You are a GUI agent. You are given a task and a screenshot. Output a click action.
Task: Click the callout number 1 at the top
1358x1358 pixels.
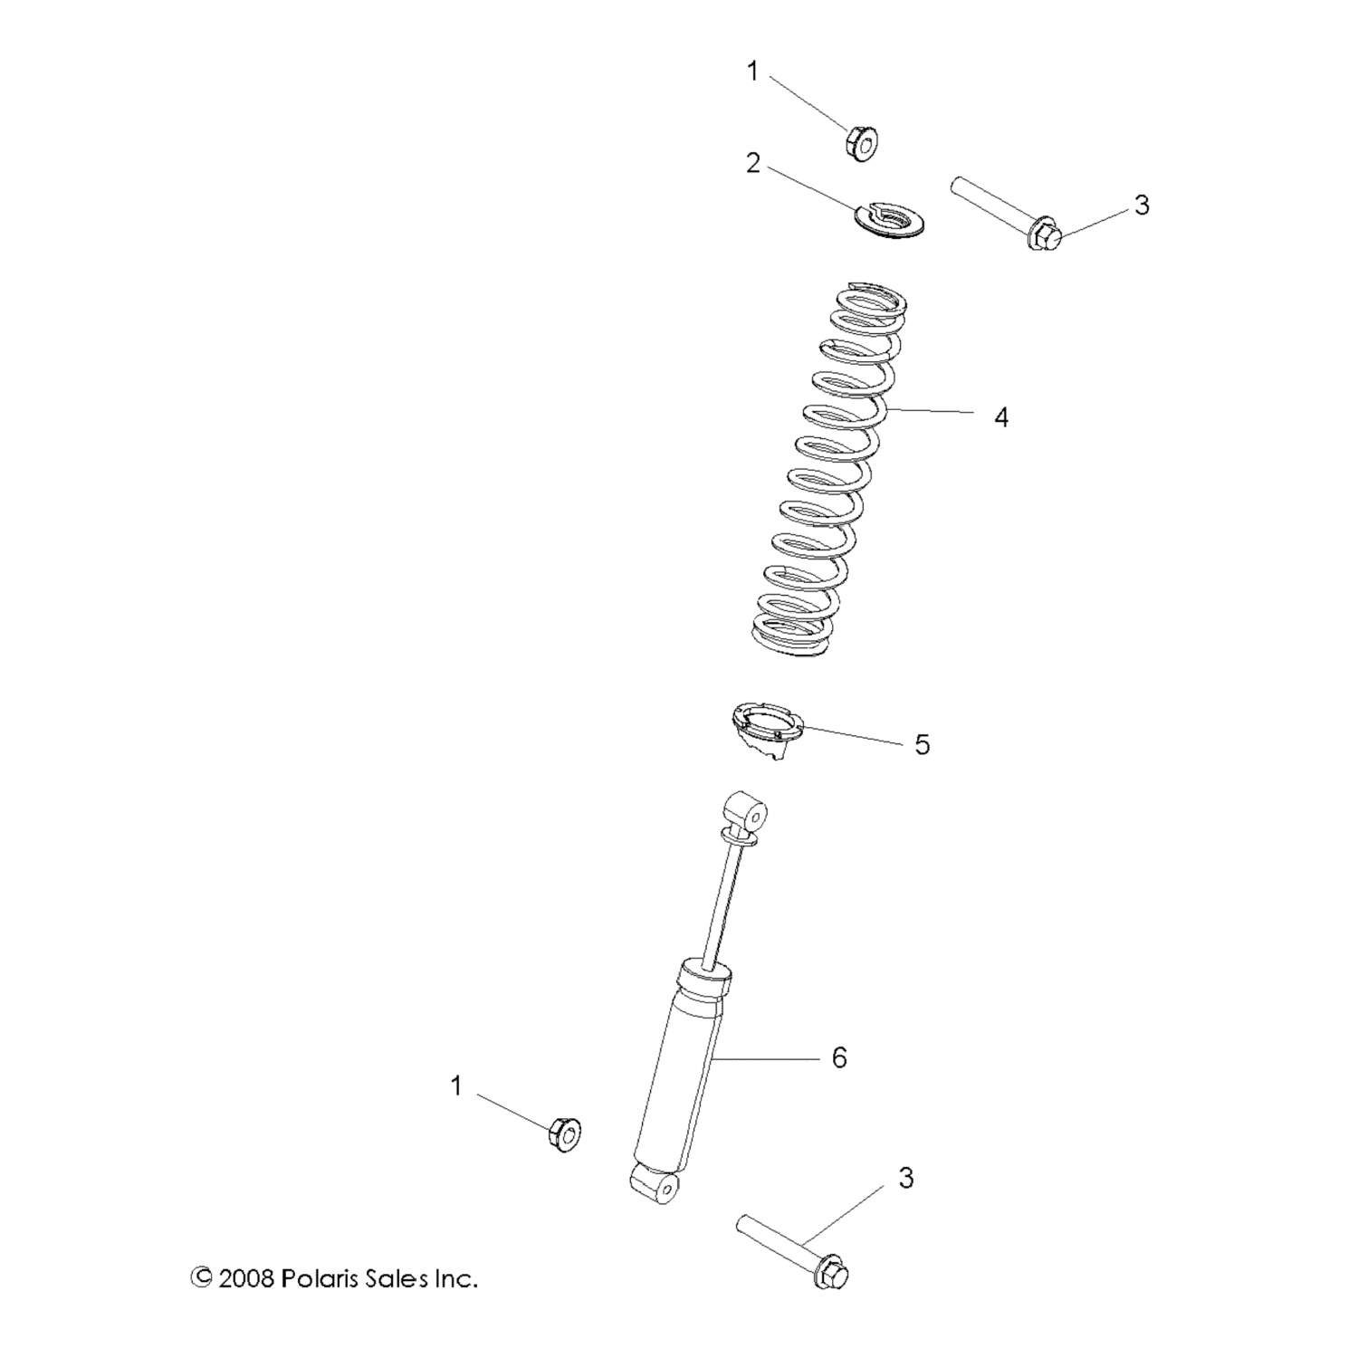pyautogui.click(x=752, y=72)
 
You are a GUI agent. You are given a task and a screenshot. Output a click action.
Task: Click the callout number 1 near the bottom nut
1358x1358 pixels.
pyautogui.click(x=456, y=1085)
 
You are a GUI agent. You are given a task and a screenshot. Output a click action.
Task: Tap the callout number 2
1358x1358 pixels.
pyautogui.click(x=753, y=164)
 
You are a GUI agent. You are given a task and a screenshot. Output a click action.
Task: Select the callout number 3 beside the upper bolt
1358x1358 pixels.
pyautogui.click(x=1142, y=206)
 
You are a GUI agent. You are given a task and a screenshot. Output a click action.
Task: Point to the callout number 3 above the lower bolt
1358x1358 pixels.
pyautogui.click(x=906, y=1178)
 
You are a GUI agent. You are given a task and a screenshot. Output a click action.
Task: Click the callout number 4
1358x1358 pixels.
pyautogui.click(x=1000, y=417)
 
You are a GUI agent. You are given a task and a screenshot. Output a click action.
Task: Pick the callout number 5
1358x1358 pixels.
pyautogui.click(x=922, y=744)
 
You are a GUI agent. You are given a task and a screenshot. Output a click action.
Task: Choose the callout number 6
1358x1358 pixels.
pyautogui.click(x=839, y=1057)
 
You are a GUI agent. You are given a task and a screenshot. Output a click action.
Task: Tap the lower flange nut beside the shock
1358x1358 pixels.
pyautogui.click(x=565, y=1133)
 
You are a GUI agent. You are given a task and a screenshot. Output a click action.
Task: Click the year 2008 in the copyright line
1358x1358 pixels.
pyautogui.click(x=246, y=1278)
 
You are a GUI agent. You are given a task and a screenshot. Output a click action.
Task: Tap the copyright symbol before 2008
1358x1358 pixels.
pyautogui.click(x=202, y=1278)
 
